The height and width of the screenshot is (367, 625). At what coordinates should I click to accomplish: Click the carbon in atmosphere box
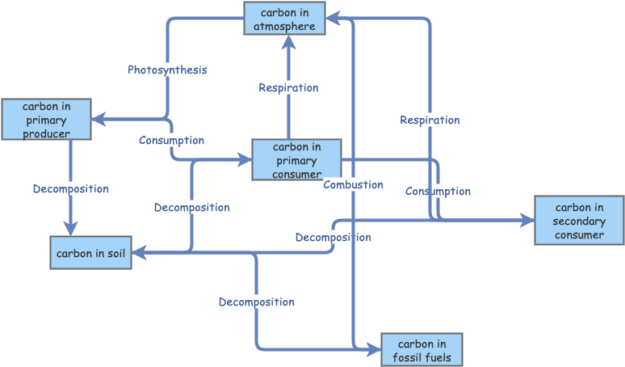click(x=284, y=19)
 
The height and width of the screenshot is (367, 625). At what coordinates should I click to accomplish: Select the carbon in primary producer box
click(x=46, y=120)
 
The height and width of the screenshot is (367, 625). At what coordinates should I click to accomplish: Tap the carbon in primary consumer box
click(x=296, y=159)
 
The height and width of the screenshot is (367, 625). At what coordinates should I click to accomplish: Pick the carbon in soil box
click(x=90, y=253)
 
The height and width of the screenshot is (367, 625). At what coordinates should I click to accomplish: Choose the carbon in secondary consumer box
click(x=579, y=221)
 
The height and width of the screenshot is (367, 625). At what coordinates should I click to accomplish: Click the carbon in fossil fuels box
click(x=422, y=350)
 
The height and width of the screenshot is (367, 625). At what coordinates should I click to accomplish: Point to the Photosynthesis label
click(x=167, y=70)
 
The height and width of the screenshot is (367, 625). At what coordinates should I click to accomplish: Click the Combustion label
click(x=353, y=185)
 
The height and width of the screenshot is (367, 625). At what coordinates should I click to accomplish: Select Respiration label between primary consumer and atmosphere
click(x=288, y=88)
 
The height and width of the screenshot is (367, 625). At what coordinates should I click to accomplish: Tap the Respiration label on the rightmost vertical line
click(x=430, y=120)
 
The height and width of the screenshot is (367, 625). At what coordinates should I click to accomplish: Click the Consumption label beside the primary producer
click(x=171, y=141)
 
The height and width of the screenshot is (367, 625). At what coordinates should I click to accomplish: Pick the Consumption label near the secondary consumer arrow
click(x=438, y=192)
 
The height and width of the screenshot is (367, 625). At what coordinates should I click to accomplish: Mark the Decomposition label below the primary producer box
click(x=70, y=189)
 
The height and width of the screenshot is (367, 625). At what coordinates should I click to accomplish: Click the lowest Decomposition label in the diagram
click(x=256, y=302)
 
